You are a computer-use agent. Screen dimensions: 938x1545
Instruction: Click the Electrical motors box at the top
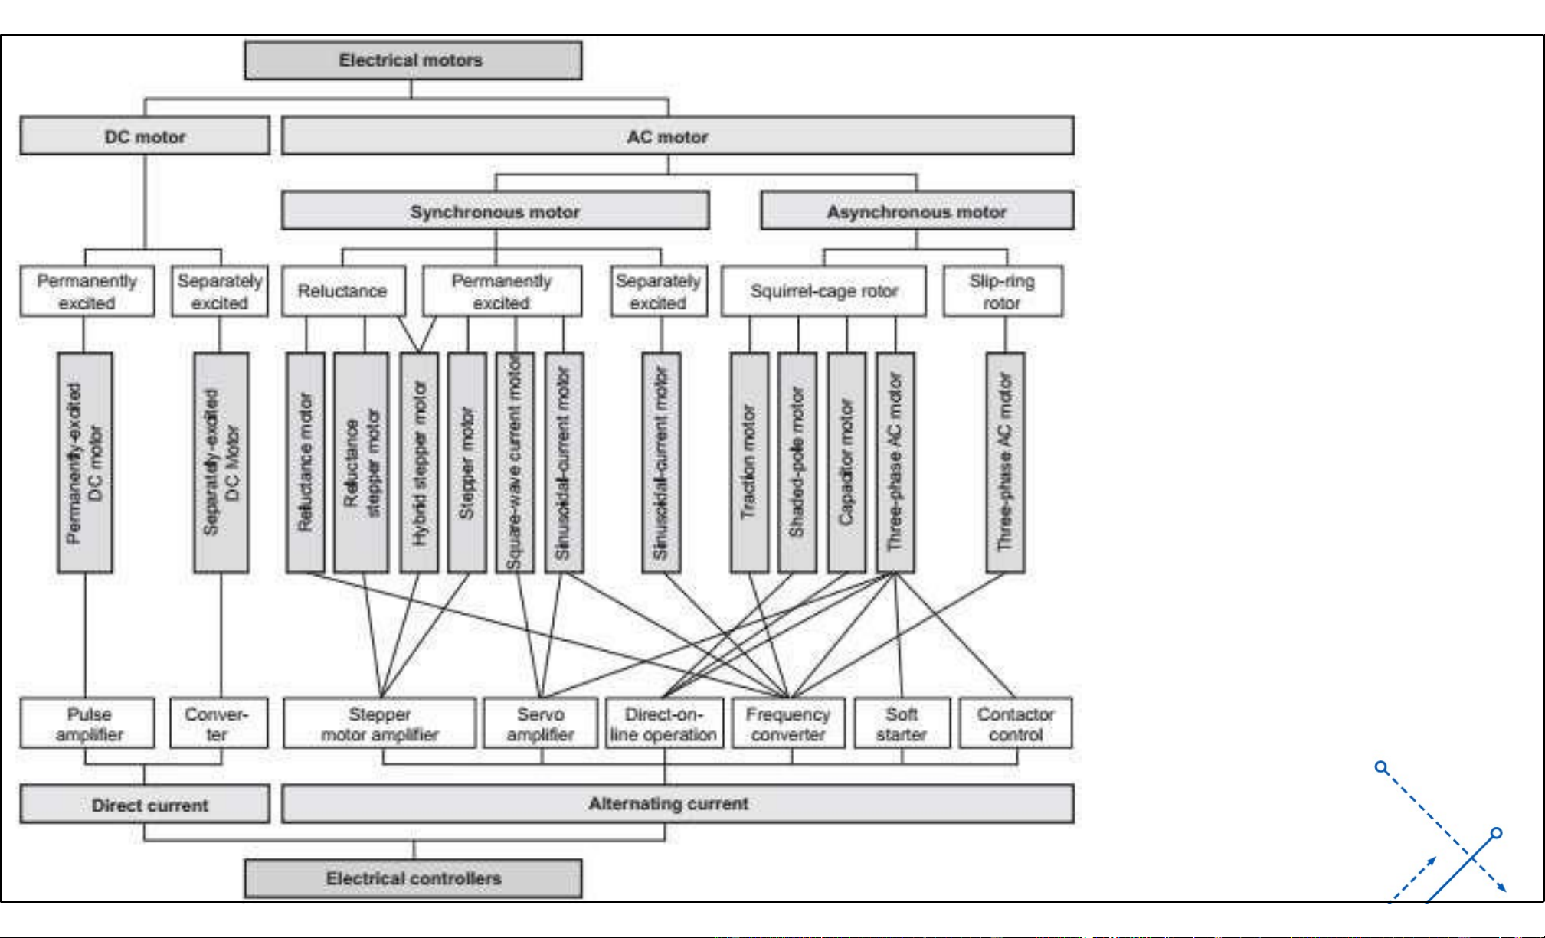point(413,60)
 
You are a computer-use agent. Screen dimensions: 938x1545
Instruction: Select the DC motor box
point(145,136)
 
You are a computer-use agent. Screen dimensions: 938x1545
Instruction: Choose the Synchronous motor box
point(495,211)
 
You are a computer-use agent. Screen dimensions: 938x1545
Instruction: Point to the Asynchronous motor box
point(917,211)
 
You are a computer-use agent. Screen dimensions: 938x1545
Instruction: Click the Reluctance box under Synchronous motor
point(342,291)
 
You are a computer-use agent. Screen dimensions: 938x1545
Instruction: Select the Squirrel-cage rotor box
point(823,291)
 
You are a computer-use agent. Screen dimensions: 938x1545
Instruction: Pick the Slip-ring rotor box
point(1002,292)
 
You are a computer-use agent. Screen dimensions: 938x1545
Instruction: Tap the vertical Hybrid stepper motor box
point(419,462)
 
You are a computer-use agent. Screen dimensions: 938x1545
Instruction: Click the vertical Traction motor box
point(749,462)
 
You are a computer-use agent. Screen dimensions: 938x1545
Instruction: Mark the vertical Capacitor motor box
point(846,462)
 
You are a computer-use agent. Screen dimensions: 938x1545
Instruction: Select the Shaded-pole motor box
point(797,462)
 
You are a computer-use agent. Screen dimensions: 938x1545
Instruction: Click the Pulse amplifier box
point(87,724)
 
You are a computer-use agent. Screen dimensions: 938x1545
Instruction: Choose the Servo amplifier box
point(541,724)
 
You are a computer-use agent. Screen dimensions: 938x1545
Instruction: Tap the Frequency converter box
point(788,724)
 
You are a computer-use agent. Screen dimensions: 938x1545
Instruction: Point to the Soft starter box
point(902,724)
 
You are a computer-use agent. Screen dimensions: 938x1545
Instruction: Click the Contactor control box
point(1015,724)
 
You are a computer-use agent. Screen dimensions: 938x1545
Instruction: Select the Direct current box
point(145,805)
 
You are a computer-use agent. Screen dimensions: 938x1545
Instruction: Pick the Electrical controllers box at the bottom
point(413,878)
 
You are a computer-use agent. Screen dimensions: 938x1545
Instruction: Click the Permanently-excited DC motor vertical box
point(85,462)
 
